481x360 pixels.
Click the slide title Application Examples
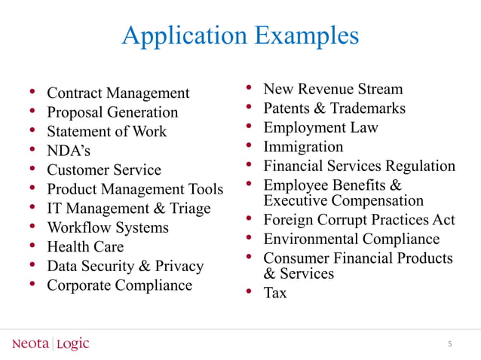(x=240, y=35)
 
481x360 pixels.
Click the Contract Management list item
(x=118, y=93)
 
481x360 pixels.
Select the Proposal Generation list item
(x=112, y=112)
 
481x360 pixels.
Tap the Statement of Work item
(x=106, y=132)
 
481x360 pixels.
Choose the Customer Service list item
(x=104, y=170)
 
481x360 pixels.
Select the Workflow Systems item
(x=108, y=227)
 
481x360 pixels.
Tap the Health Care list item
(x=85, y=247)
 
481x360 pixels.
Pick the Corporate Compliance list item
(x=119, y=285)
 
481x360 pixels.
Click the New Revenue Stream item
(x=332, y=90)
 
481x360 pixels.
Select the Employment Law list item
(x=320, y=127)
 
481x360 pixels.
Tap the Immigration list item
(x=303, y=146)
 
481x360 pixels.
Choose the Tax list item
(x=274, y=293)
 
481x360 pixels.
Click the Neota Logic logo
(x=51, y=344)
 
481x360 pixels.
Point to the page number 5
(x=449, y=344)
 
